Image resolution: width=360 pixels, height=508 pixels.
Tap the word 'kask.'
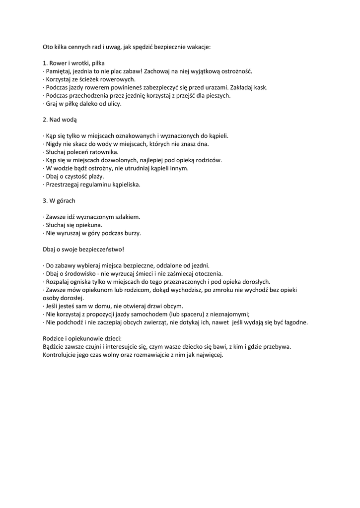point(259,87)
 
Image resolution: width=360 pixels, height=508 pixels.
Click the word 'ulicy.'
point(113,104)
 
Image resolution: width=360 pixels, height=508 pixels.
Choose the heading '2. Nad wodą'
point(60,120)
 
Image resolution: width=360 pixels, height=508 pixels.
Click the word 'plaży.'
point(95,176)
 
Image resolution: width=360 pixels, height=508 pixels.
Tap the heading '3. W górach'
point(59,200)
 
